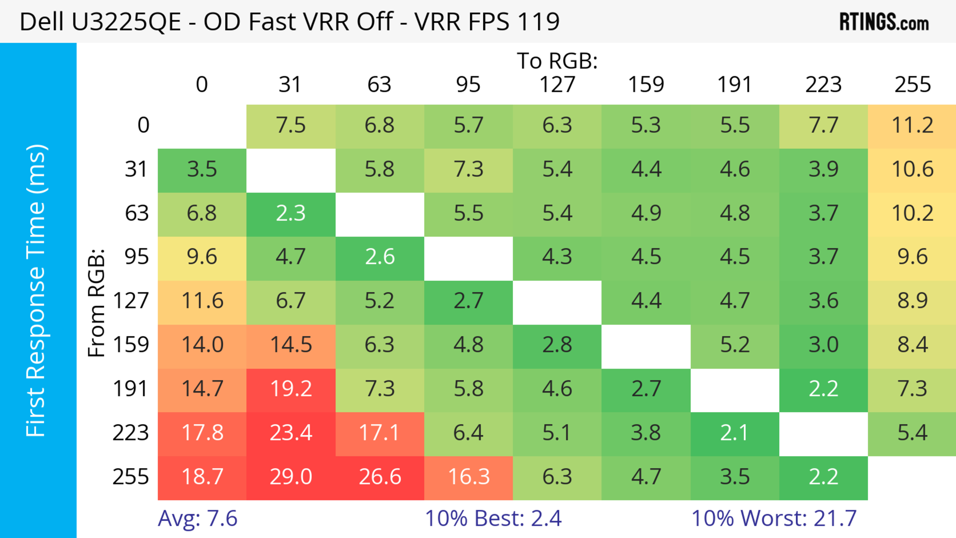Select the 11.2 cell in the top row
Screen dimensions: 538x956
pos(912,125)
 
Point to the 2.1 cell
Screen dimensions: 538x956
pos(734,433)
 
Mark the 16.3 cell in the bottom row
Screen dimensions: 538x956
pos(468,477)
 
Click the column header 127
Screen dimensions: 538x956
pos(557,85)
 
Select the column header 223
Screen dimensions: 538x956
pos(823,85)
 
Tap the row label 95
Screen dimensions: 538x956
pos(137,257)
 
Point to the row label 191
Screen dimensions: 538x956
pos(131,389)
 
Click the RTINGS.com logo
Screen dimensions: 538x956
pos(884,21)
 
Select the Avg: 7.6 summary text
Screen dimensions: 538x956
pos(197,518)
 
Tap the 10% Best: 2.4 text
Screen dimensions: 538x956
pos(493,518)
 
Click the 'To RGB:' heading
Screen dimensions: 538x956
pos(557,61)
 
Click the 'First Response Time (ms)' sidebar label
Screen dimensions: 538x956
pos(36,290)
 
